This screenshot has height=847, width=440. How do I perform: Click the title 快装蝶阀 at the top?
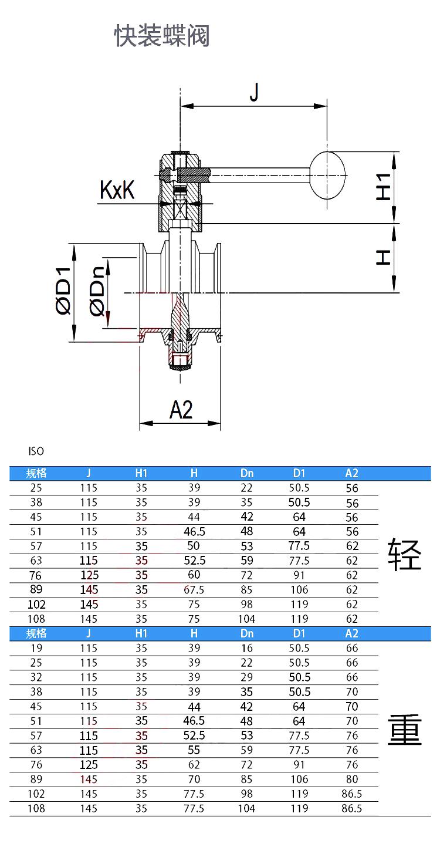(x=162, y=36)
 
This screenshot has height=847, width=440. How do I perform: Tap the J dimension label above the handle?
(x=253, y=92)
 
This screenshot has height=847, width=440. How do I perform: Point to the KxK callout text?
(x=117, y=190)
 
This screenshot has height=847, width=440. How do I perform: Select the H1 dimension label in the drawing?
(x=383, y=187)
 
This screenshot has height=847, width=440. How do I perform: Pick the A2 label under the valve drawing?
(x=181, y=409)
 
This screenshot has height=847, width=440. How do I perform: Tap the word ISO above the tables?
(x=36, y=451)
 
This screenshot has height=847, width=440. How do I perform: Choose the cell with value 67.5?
(x=194, y=590)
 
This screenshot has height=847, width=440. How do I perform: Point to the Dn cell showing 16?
(x=247, y=648)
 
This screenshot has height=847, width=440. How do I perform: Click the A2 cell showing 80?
(x=351, y=779)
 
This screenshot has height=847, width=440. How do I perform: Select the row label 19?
(x=36, y=648)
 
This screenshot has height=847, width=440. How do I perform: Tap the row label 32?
(x=36, y=677)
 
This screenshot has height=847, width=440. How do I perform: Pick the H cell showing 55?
(x=194, y=750)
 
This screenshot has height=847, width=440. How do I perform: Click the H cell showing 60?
(x=194, y=575)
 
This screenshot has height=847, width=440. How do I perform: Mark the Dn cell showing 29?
(x=247, y=677)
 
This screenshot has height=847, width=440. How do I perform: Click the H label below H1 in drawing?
(x=383, y=257)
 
